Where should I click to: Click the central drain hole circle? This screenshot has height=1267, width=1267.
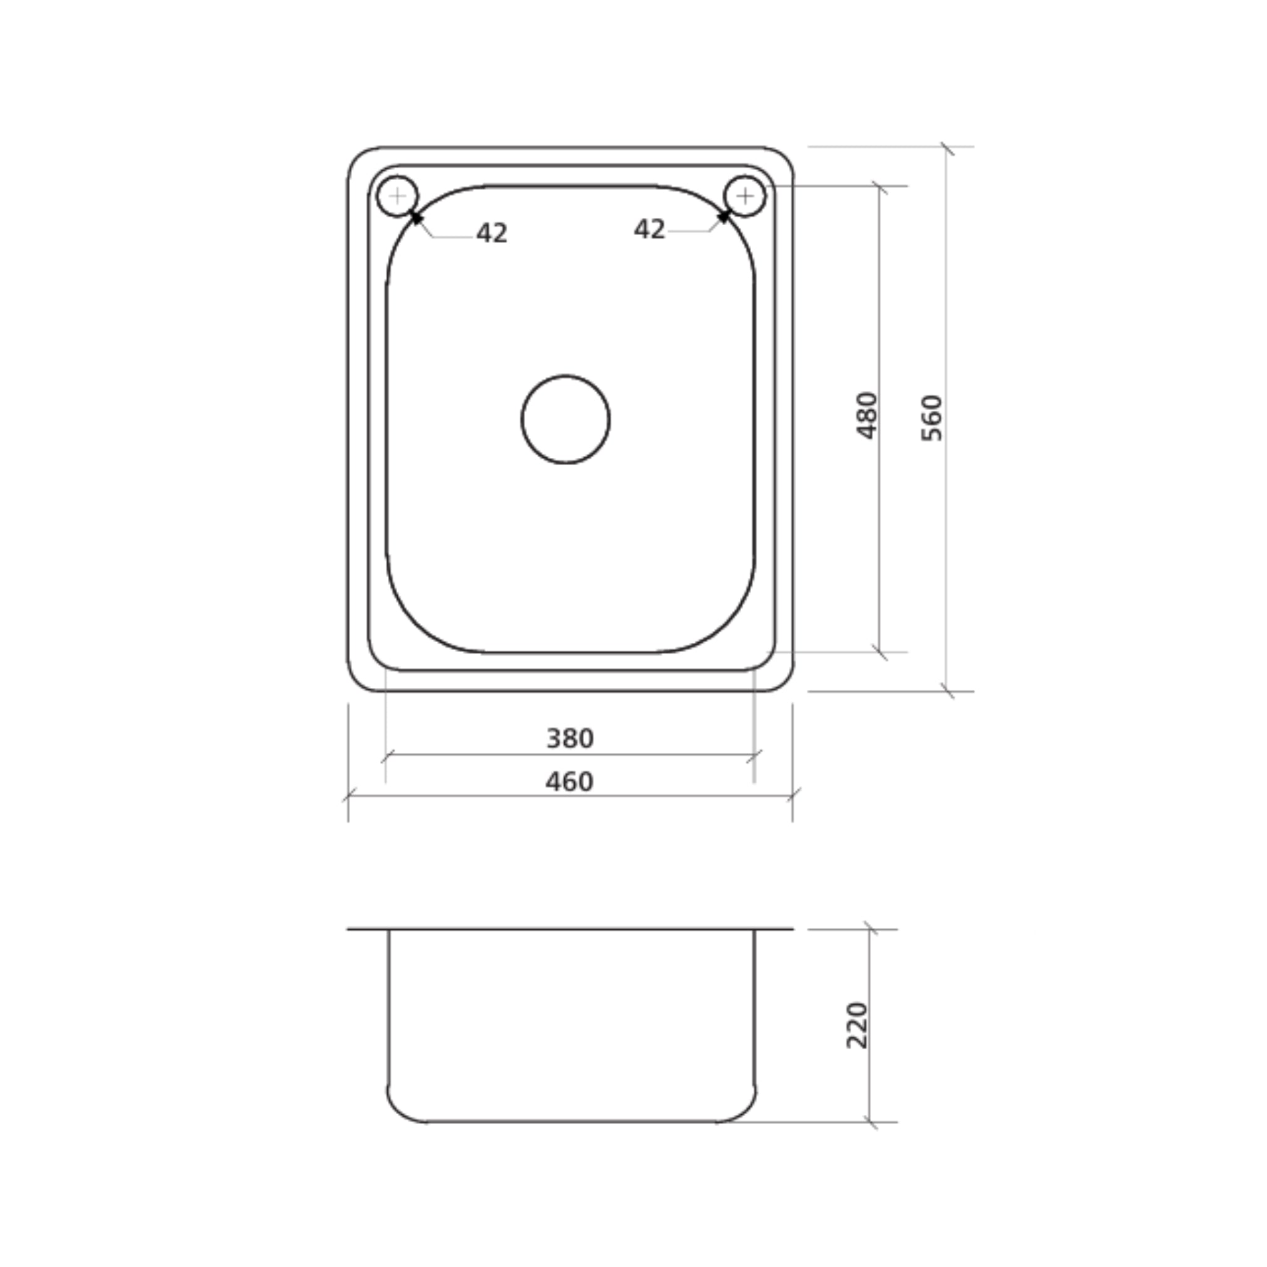point(565,419)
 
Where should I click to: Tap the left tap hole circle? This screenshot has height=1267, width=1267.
point(397,195)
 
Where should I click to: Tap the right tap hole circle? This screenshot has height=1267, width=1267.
point(744,195)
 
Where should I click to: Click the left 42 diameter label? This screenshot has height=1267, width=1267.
point(492,233)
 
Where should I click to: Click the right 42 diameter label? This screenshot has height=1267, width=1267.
point(649,229)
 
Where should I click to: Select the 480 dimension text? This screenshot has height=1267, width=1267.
point(866,415)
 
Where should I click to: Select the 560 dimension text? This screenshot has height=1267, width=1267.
point(931,418)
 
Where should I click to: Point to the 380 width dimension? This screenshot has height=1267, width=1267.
point(570,739)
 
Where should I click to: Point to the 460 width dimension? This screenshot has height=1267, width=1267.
point(569,782)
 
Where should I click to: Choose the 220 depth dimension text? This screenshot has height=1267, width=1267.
point(856,1025)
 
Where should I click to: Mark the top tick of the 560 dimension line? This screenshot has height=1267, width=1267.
point(947,148)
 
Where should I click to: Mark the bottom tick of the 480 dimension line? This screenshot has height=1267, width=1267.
point(880,653)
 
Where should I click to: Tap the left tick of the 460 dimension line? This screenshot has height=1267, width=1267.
point(348,796)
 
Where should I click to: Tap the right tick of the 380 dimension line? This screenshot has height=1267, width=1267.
point(754,755)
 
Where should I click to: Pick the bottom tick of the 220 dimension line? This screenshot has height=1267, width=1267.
point(870,1122)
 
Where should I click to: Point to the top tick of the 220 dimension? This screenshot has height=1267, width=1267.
point(870,929)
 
